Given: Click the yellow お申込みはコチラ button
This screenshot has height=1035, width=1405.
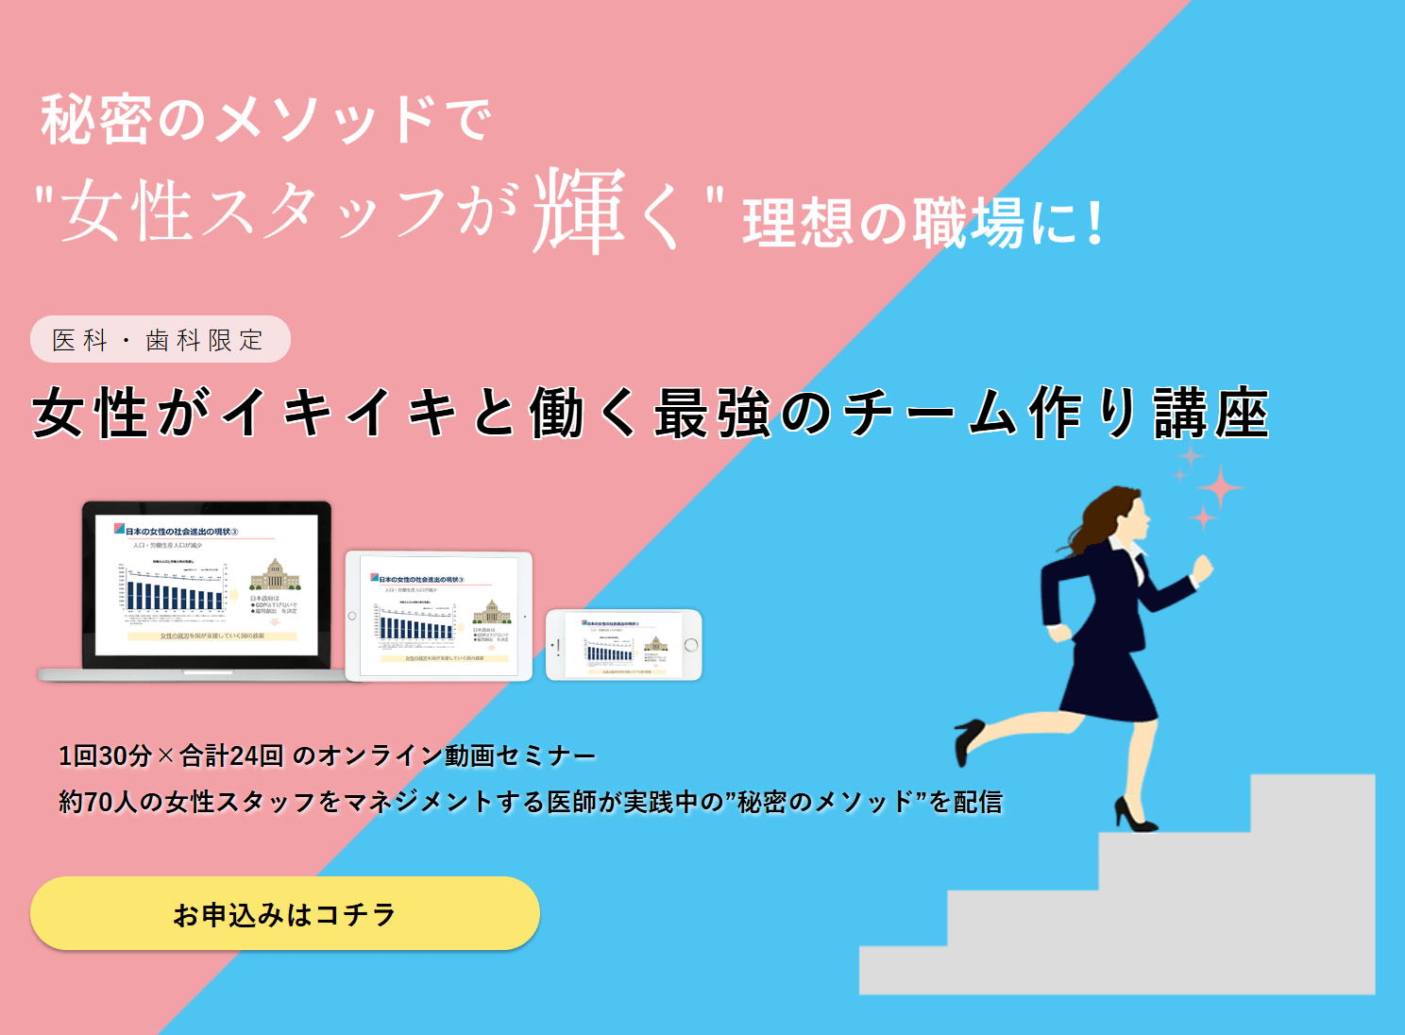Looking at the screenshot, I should click(284, 913).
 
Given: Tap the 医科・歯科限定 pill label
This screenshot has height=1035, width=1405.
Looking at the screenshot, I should click(160, 340).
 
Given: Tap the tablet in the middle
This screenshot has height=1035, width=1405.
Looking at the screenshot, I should click(439, 616).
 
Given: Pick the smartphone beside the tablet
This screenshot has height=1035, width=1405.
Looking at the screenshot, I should click(624, 645).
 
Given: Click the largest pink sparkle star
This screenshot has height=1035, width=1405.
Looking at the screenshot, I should click(1220, 487).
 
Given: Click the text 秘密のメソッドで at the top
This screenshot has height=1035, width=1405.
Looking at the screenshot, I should click(265, 120).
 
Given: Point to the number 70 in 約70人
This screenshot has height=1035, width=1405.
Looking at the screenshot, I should click(98, 802).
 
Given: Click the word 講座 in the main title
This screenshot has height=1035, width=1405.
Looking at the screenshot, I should click(1211, 414).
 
